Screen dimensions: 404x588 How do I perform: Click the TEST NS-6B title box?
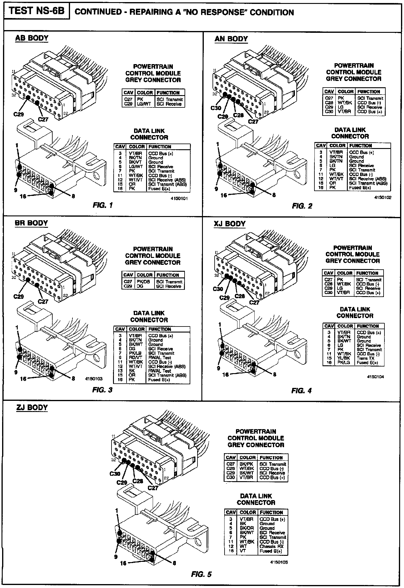pyautogui.click(x=36, y=11)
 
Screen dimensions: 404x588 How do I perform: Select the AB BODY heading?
pyautogui.click(x=32, y=38)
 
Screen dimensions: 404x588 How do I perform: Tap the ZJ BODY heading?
pyautogui.click(x=32, y=408)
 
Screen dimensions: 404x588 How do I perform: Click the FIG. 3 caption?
pyautogui.click(x=102, y=390)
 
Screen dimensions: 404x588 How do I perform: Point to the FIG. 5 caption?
pyautogui.click(x=201, y=574)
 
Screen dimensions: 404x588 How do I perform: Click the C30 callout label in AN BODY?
pyautogui.click(x=216, y=108)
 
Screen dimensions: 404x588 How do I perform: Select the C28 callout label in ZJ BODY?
pyautogui.click(x=138, y=481)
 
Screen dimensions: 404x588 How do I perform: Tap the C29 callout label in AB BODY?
pyautogui.click(x=19, y=114)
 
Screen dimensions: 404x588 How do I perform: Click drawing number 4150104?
pyautogui.click(x=375, y=377)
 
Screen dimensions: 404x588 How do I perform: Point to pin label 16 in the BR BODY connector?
pyautogui.click(x=23, y=379)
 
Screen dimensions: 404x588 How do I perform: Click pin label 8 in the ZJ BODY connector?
pyautogui.click(x=174, y=563)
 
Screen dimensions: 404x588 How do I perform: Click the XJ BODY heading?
pyautogui.click(x=230, y=224)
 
